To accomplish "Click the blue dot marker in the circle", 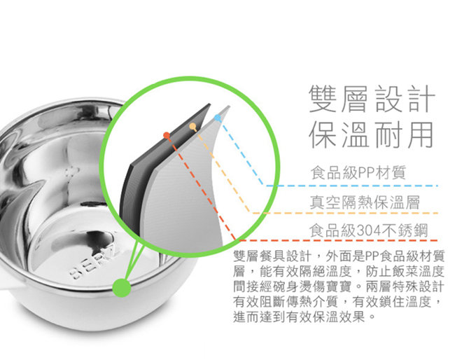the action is pyautogui.click(x=218, y=118).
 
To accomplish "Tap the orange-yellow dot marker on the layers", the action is pyautogui.click(x=192, y=126).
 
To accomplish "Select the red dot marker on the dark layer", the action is pyautogui.click(x=167, y=135).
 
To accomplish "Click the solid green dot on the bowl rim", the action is pyautogui.click(x=122, y=287).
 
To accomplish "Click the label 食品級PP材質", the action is pyautogui.click(x=358, y=172).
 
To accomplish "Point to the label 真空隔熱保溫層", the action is pyautogui.click(x=365, y=202).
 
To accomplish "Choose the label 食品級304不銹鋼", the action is pyautogui.click(x=368, y=230).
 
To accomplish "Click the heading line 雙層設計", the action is pyautogui.click(x=372, y=99).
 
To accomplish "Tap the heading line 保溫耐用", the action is pyautogui.click(x=371, y=134).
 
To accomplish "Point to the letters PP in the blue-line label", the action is pyautogui.click(x=367, y=173).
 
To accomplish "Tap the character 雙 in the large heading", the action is pyautogui.click(x=323, y=99).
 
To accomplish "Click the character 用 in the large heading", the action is pyautogui.click(x=420, y=134).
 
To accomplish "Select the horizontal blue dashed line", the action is pyautogui.click(x=351, y=186).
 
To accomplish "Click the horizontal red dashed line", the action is pyautogui.click(x=338, y=240).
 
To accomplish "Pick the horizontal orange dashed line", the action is pyautogui.click(x=345, y=213).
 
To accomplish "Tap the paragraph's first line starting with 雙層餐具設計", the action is pyautogui.click(x=339, y=256).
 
